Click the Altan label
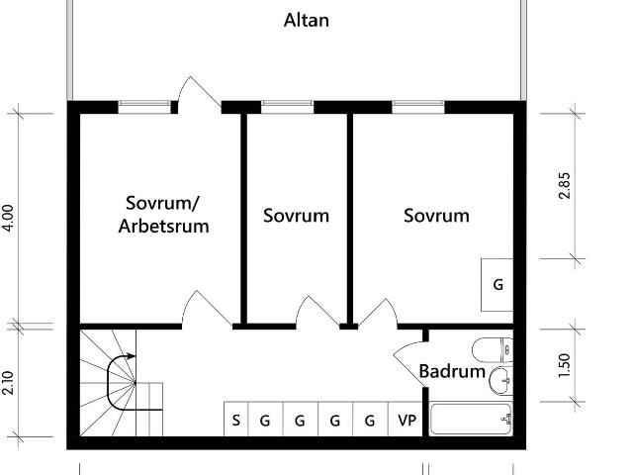307,21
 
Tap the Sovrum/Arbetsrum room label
164,215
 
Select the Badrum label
452,372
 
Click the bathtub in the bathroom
472,420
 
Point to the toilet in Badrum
492,349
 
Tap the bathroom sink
499,377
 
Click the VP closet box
407,420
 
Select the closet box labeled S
235,420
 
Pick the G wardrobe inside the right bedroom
497,284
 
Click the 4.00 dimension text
9,218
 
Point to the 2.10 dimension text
9,382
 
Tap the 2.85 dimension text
565,185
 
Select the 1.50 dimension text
565,365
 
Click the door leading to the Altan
199,95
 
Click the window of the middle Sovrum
287,104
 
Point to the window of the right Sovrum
419,104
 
